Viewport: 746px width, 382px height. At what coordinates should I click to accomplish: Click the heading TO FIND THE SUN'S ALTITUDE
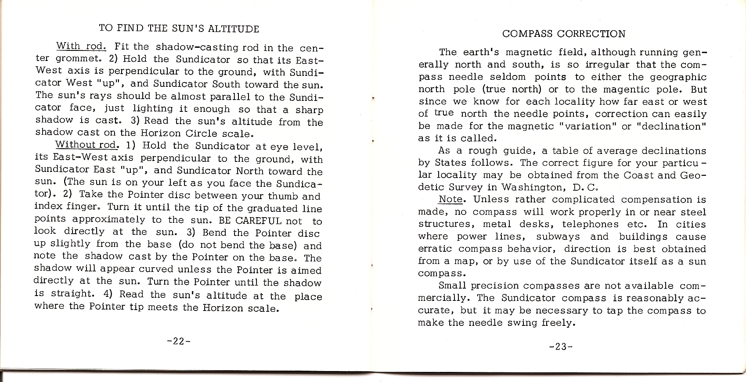tap(179, 29)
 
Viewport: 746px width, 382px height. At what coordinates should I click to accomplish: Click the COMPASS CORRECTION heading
tap(564, 34)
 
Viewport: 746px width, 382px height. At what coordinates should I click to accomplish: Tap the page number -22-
tap(178, 341)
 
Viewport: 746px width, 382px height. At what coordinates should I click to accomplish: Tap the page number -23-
tap(560, 346)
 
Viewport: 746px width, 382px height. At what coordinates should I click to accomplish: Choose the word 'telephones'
tap(590, 224)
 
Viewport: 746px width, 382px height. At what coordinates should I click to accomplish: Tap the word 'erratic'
tap(435, 249)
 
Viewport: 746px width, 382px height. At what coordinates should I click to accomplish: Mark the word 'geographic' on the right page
tap(679, 77)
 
